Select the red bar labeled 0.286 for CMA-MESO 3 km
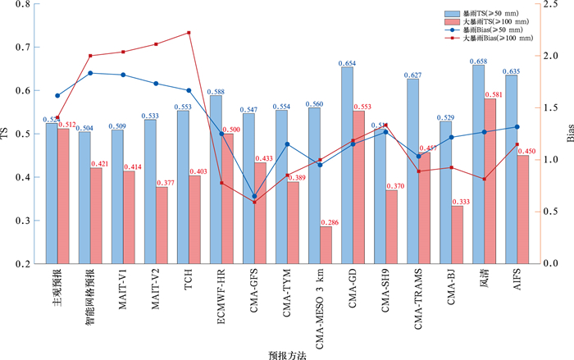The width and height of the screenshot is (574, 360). [x=326, y=244]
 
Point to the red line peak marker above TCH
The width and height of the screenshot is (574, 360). [x=189, y=33]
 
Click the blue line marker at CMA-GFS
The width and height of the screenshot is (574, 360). [x=254, y=197]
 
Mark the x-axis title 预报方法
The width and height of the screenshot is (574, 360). [x=288, y=353]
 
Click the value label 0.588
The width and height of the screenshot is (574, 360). [x=216, y=92]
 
